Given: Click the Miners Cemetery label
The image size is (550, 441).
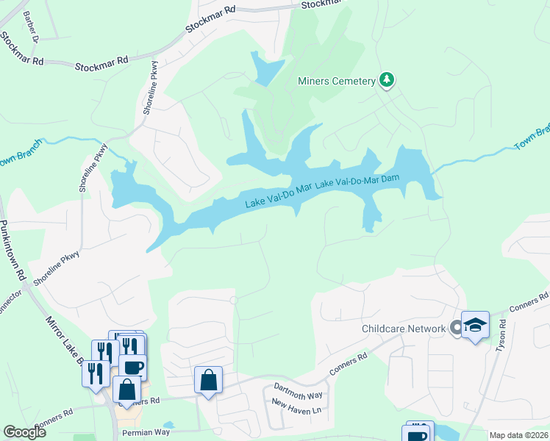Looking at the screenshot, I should pyautogui.click(x=337, y=81).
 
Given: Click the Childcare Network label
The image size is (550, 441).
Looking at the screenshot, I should pyautogui.click(x=404, y=329).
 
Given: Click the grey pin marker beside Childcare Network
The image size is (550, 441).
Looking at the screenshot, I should pyautogui.click(x=457, y=328).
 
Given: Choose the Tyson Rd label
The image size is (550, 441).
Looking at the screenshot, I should pyautogui.click(x=501, y=335).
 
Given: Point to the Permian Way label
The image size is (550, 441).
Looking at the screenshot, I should pyautogui.click(x=146, y=432).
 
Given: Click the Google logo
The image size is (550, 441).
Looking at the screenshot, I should pyautogui.click(x=24, y=432).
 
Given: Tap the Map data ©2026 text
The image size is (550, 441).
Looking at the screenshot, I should pyautogui.click(x=518, y=435).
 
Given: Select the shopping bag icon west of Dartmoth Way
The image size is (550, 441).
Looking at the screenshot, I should pyautogui.click(x=208, y=381).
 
